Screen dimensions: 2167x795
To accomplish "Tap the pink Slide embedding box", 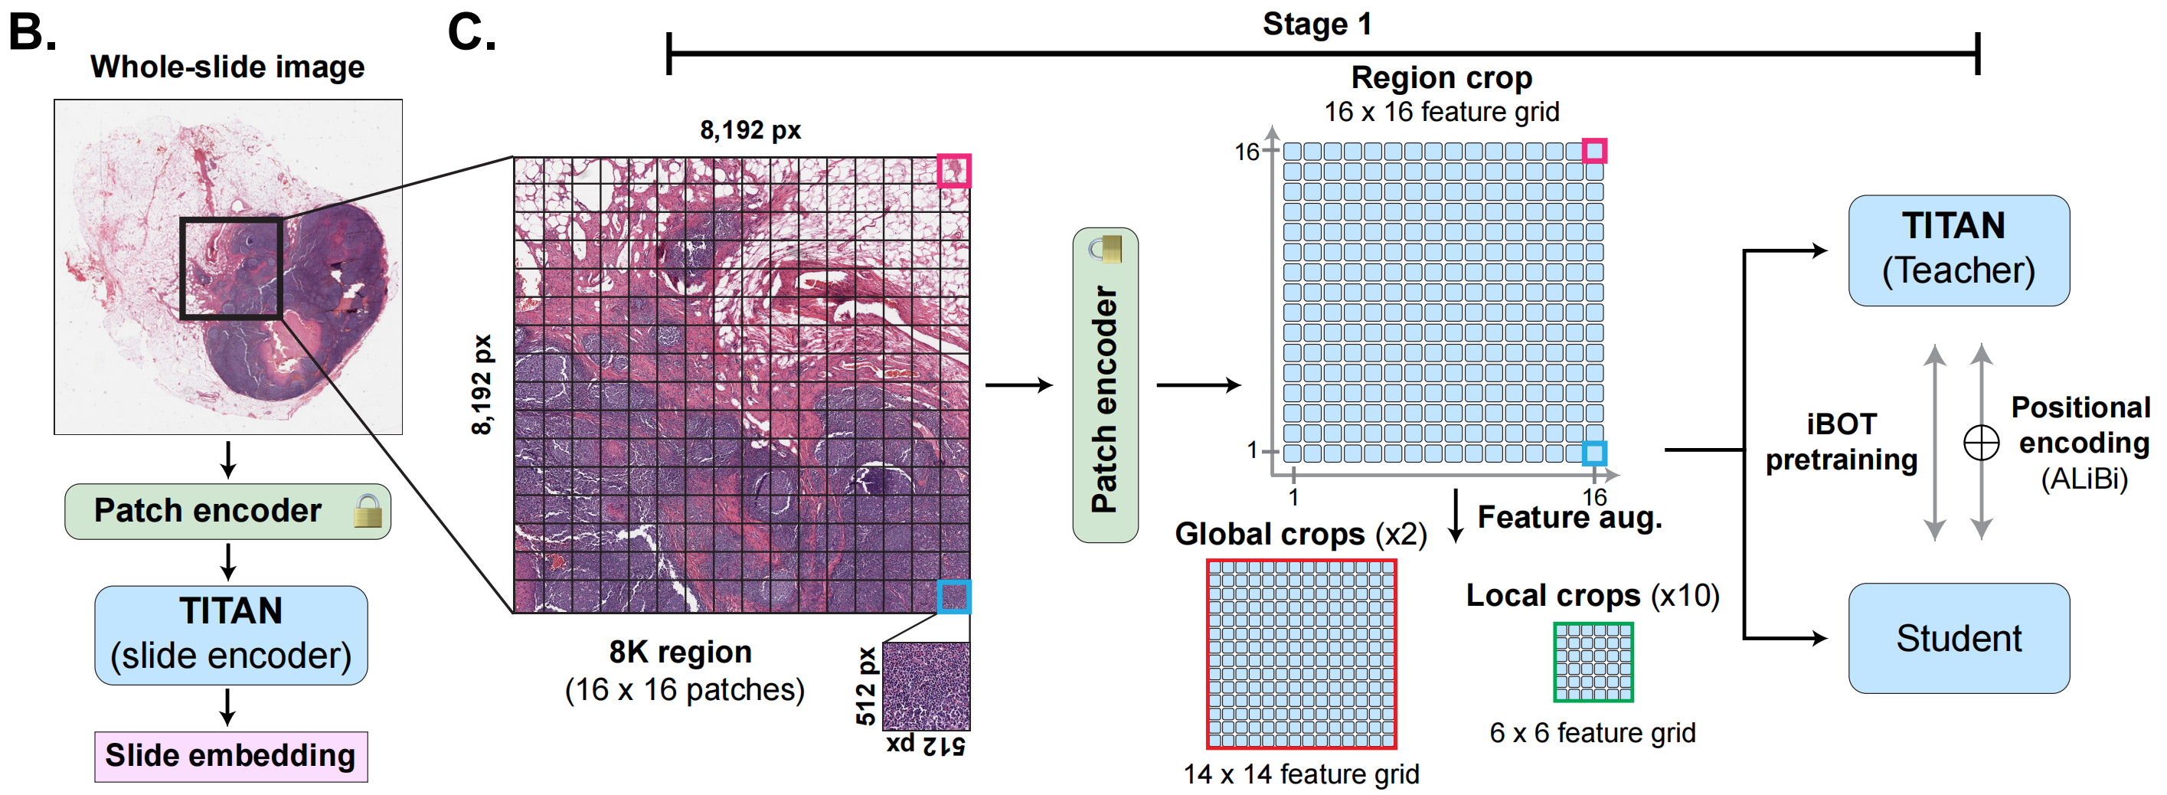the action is (230, 755).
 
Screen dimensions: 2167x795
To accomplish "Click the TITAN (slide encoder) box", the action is (230, 634).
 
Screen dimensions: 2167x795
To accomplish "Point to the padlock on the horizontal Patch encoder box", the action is (368, 511).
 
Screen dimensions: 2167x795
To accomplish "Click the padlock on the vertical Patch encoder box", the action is (1106, 249).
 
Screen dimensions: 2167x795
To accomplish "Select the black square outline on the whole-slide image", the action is (230, 268).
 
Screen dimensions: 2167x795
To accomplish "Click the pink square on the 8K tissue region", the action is (954, 171).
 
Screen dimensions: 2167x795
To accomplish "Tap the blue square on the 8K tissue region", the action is (954, 597).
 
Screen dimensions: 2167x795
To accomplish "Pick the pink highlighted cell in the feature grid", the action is (1594, 152).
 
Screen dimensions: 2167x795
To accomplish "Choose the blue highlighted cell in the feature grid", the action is (1594, 453).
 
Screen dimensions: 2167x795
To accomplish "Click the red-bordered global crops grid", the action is (1300, 653).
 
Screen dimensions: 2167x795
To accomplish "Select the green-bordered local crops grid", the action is (1593, 662).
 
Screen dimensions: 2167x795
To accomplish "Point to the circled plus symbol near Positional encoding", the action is (1981, 443).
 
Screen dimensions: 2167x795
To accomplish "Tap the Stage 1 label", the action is (1316, 24).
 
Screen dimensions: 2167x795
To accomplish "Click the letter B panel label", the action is (32, 32).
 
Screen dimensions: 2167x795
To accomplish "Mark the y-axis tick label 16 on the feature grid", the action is (1246, 152).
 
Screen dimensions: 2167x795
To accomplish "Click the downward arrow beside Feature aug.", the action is (1456, 515).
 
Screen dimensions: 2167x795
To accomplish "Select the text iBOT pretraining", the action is (1841, 442).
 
